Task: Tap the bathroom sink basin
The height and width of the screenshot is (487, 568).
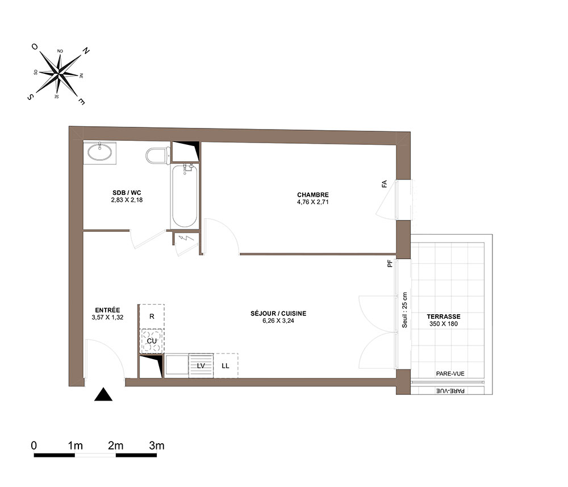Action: coord(99,152)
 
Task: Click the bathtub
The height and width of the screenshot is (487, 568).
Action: coord(185,195)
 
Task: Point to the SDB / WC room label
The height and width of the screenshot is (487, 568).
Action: coord(127,193)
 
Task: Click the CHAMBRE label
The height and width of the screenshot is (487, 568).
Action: coord(313,195)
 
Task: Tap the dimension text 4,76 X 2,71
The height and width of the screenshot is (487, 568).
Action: coord(313,202)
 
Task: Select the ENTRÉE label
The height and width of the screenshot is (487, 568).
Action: coord(107,310)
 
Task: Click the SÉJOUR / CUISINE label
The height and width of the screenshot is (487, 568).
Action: coord(278,314)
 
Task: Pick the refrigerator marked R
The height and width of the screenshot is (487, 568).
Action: coord(152,317)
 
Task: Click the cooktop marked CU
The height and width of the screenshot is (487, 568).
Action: coord(152,341)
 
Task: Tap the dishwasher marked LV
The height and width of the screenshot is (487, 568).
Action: coord(201,366)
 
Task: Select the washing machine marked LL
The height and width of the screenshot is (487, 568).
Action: coord(225,366)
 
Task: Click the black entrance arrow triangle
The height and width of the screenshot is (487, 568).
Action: coord(103,394)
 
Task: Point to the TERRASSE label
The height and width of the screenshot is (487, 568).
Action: coord(444,317)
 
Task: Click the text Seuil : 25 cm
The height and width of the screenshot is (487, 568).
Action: coord(404,310)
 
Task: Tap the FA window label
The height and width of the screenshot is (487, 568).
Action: coord(385,184)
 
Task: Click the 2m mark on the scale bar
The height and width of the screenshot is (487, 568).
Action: coord(115,446)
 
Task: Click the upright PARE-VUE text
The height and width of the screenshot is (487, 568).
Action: coord(450,373)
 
